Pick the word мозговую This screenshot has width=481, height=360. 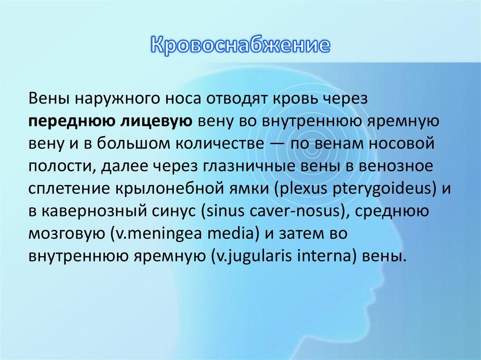tap(66, 234)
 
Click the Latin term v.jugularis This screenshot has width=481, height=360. tap(251, 257)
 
